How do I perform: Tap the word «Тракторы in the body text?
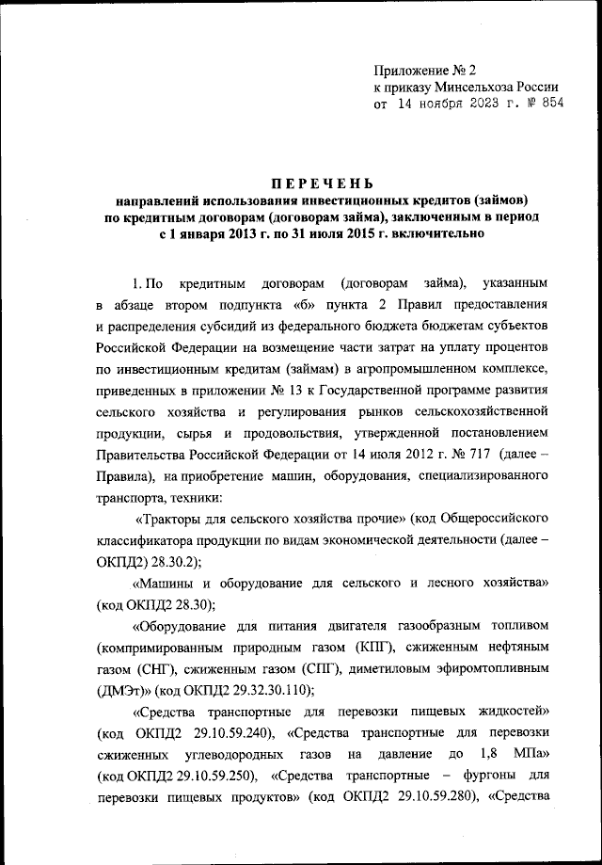[x=168, y=519]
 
